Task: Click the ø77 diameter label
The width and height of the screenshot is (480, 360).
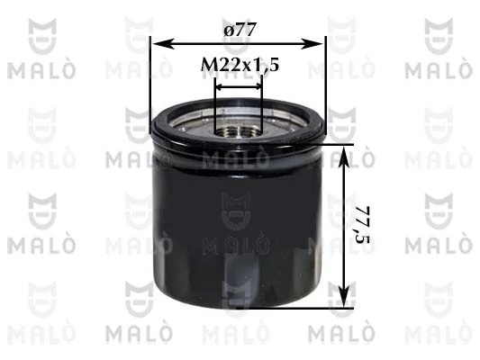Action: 240,30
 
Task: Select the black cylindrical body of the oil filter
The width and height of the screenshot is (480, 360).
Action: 236,216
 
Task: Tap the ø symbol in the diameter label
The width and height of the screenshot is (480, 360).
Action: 226,30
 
